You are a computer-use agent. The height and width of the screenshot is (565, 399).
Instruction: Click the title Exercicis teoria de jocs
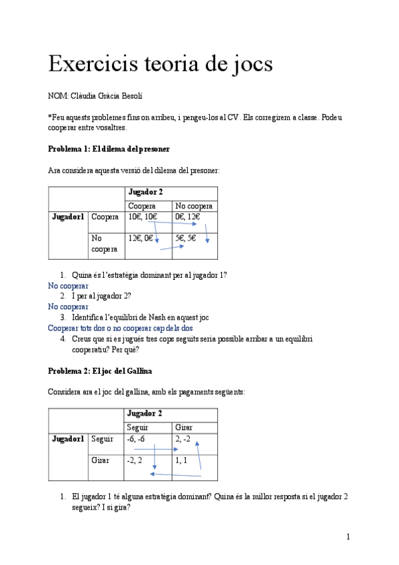161,65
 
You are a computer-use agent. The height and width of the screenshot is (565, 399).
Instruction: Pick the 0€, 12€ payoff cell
187,217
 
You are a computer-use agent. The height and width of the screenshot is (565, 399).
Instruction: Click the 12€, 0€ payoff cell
141,237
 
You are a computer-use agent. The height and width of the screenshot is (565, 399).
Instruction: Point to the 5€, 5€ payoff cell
186,237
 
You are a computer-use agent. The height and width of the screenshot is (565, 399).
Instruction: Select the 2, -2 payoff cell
183,439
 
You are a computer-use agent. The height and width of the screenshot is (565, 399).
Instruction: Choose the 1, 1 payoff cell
181,460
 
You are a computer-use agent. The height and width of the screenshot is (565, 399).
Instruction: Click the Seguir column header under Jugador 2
138,427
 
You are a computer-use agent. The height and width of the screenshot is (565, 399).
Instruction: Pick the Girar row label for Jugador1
100,460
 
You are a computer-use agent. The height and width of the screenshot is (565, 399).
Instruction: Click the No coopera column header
194,206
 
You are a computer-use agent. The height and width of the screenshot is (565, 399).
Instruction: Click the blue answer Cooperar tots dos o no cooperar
121,328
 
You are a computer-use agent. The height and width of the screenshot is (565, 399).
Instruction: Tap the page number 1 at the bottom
348,537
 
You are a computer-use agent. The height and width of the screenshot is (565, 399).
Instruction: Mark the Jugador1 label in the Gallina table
68,439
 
